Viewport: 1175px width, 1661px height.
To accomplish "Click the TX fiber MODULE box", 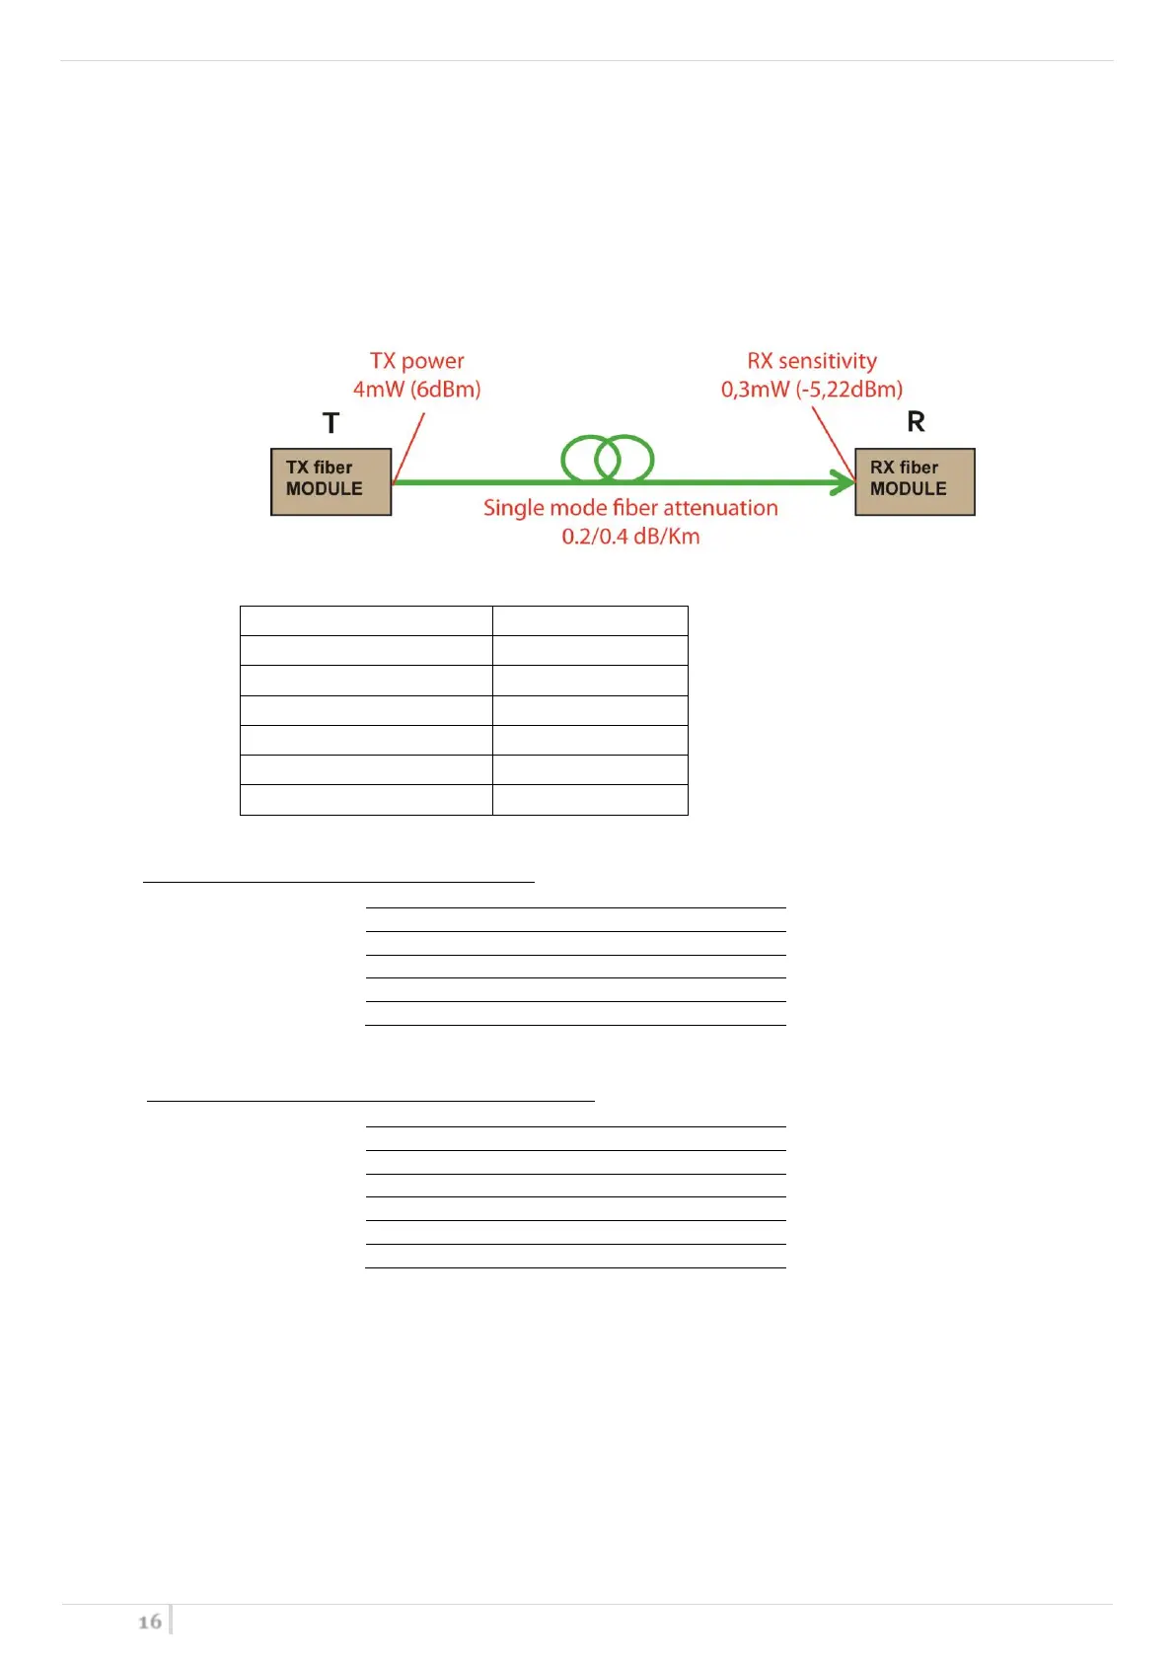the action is pyautogui.click(x=330, y=481).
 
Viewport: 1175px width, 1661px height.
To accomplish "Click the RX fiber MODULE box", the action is pyautogui.click(x=915, y=481).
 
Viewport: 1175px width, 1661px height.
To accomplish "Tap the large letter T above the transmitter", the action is pyautogui.click(x=331, y=423).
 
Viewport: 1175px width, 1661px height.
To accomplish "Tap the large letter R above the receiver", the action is pyautogui.click(x=916, y=422).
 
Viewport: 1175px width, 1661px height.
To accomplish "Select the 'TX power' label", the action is pyautogui.click(x=416, y=361).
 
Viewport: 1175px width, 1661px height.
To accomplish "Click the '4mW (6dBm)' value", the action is pyautogui.click(x=416, y=390).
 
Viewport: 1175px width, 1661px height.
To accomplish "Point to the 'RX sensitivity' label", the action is pyautogui.click(x=811, y=361).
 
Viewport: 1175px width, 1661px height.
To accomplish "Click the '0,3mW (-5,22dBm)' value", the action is pyautogui.click(x=811, y=390).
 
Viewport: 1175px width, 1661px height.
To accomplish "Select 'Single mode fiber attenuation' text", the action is pyautogui.click(x=630, y=508).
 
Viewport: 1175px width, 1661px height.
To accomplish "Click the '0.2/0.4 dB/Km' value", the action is pyautogui.click(x=630, y=537).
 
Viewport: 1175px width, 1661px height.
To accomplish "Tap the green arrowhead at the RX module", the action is pyautogui.click(x=845, y=482).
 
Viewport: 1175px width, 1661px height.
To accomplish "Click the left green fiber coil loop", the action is pyautogui.click(x=590, y=458).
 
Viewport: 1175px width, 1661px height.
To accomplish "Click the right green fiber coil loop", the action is pyautogui.click(x=625, y=458).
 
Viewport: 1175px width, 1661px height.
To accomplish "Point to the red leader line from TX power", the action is pyautogui.click(x=408, y=449).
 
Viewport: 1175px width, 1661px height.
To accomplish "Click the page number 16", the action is pyautogui.click(x=150, y=1622).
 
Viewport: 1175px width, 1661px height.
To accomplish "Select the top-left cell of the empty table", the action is pyautogui.click(x=366, y=621).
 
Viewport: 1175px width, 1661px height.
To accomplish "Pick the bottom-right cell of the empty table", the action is pyautogui.click(x=590, y=800).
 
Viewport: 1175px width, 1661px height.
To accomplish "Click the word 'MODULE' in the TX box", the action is pyautogui.click(x=324, y=489).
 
